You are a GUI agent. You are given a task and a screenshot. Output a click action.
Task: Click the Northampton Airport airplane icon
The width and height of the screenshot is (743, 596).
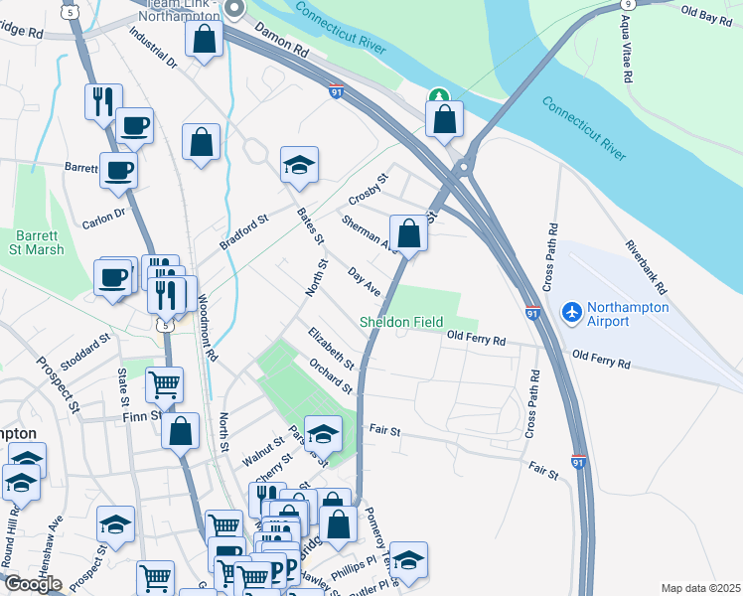coord(571,312)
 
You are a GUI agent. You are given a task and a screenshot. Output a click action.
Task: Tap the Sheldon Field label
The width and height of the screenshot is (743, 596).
coord(401,323)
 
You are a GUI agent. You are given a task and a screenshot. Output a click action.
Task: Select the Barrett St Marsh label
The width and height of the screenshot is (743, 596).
coord(39,242)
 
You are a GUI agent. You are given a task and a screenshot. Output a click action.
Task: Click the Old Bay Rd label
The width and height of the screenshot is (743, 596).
coord(706,11)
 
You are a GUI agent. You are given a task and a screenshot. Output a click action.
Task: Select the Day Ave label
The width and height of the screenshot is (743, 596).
coord(365,281)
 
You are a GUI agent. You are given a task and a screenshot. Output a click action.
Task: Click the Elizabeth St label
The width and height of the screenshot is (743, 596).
coord(331,347)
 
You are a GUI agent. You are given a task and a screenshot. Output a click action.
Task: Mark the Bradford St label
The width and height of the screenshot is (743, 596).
coord(244,233)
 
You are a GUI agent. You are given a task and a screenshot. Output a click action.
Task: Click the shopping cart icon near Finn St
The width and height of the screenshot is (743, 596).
coord(164,382)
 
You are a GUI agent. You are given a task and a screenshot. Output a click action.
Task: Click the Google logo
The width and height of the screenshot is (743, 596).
coord(32,583)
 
